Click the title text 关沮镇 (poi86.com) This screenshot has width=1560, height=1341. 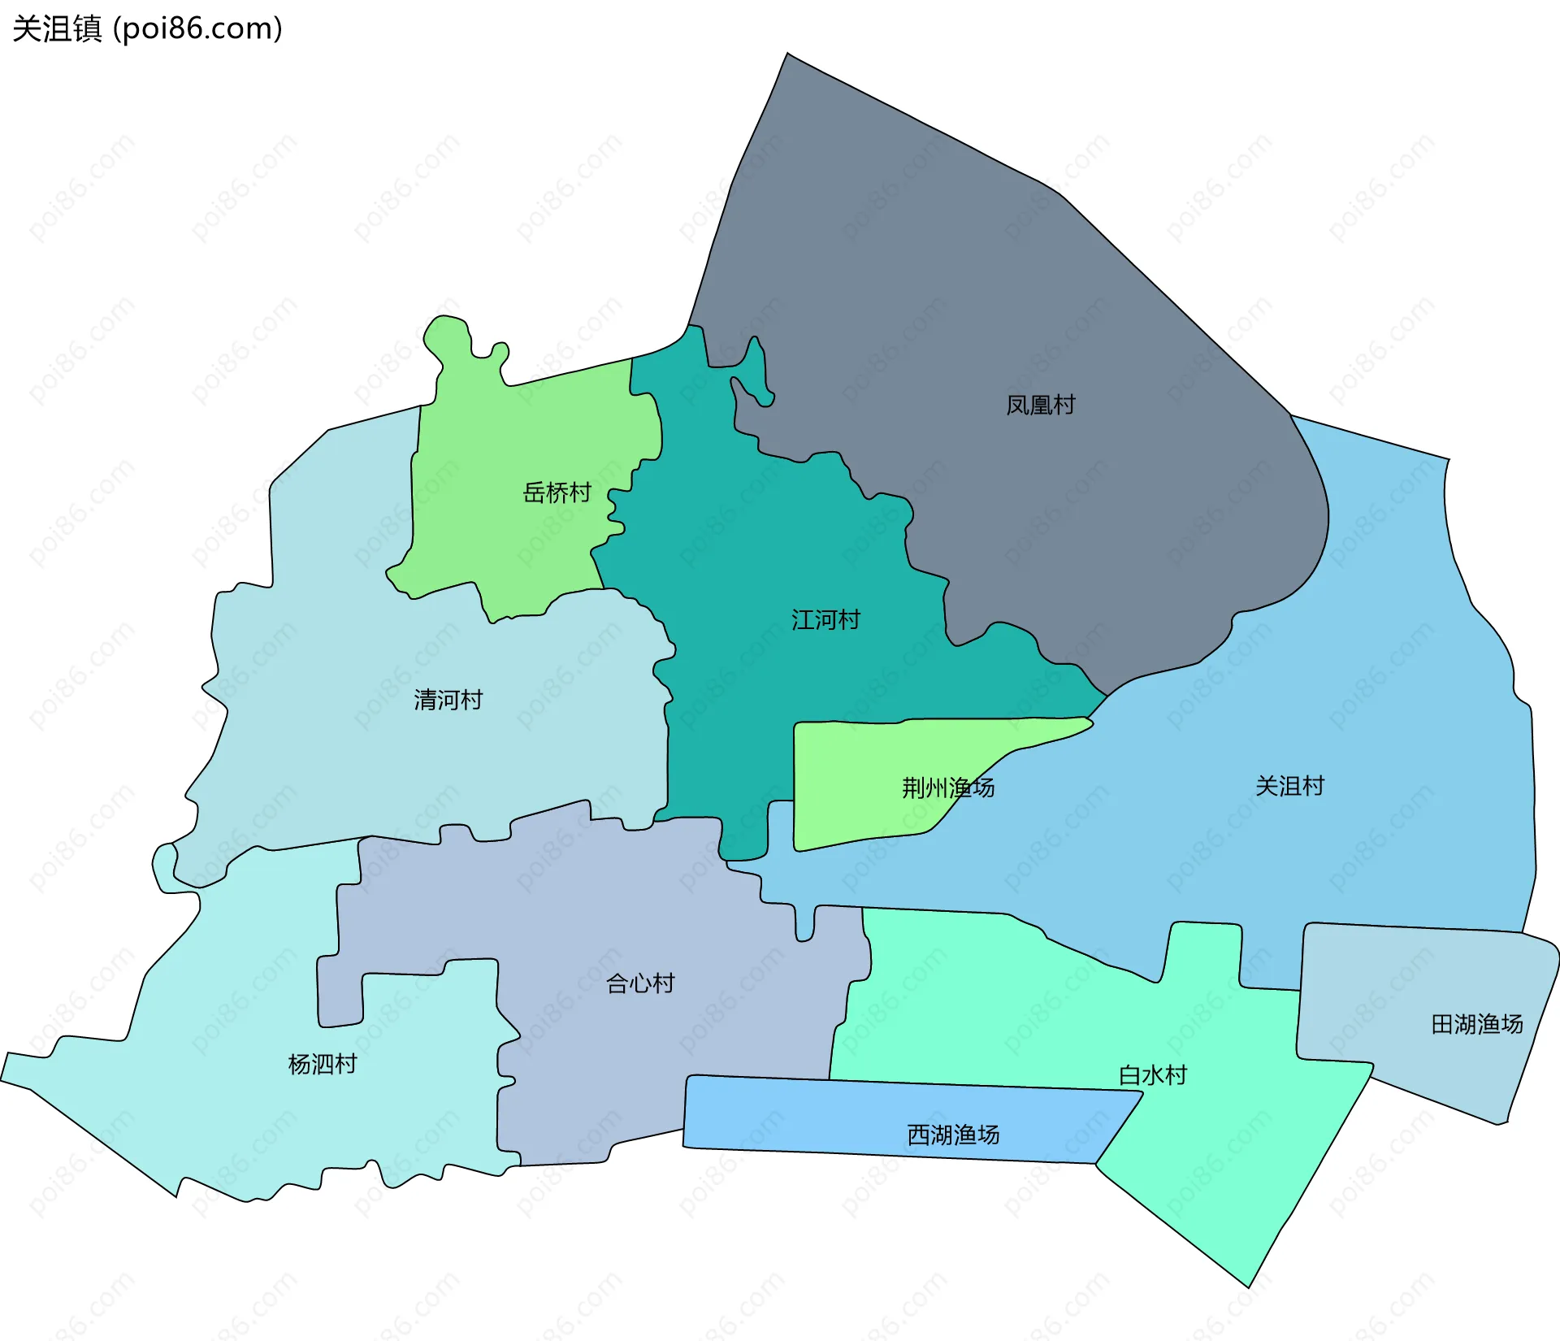(147, 28)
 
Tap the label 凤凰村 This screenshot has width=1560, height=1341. (1040, 405)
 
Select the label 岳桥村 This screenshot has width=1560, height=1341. (557, 493)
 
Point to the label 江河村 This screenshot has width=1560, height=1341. (825, 620)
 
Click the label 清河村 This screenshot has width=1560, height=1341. (448, 700)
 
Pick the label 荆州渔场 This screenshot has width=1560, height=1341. (948, 788)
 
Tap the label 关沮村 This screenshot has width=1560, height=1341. (1289, 786)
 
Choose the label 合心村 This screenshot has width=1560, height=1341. (640, 983)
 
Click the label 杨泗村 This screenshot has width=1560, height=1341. (323, 1064)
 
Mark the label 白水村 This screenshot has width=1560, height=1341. (1153, 1075)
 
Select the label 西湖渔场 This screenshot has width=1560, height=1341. (953, 1135)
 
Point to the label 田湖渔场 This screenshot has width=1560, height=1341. (1476, 1024)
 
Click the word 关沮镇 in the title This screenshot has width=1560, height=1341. (57, 28)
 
